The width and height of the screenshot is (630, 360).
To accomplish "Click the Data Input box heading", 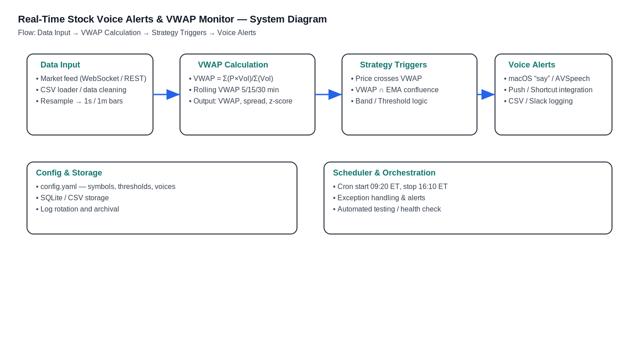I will coord(60,65).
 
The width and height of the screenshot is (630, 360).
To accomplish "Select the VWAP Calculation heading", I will coord(233,65).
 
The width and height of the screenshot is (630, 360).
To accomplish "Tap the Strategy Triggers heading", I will coord(393,65).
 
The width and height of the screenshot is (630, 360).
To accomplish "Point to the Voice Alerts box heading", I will coord(531,65).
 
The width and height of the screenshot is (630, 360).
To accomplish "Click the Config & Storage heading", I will coord(69,173).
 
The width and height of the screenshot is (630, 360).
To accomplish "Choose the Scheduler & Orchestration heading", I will coord(384,173).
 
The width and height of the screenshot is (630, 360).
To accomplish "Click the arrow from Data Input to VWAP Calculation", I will coord(166,94).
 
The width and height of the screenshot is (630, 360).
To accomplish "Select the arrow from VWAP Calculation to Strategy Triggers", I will coord(328,94).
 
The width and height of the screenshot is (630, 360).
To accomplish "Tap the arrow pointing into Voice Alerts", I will coord(486,94).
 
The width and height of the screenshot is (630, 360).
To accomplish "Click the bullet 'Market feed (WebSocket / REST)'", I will coord(93,79).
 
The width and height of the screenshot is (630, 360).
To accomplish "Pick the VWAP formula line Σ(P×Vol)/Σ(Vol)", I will coord(248,79).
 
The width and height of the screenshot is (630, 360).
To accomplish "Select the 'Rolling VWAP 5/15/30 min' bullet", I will coord(236,90).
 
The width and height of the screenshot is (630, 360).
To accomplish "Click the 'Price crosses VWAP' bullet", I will coord(388,79).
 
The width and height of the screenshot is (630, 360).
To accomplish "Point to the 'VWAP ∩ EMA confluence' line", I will coord(396,90).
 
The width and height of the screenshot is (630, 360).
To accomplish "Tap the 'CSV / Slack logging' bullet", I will coord(540,101).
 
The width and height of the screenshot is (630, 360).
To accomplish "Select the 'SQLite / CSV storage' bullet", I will coord(74,198).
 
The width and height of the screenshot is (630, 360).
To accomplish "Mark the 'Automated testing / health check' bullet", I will coord(389,209).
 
